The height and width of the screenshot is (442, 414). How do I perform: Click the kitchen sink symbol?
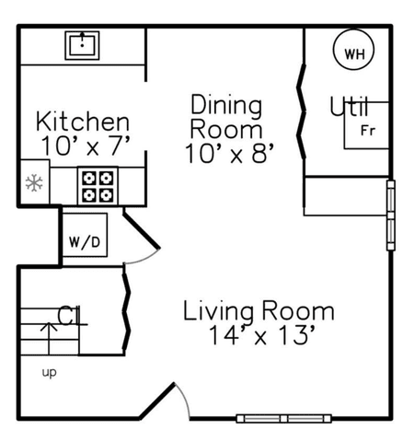(x=82, y=45)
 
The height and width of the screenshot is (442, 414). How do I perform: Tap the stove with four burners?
(x=98, y=186)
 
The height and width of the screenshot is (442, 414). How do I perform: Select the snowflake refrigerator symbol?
(x=34, y=183)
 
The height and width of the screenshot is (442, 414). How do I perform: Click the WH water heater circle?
(x=353, y=50)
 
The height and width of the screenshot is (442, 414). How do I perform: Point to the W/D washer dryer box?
(x=85, y=235)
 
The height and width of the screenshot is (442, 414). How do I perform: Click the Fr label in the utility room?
(x=368, y=131)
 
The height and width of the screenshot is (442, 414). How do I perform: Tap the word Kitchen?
(x=83, y=122)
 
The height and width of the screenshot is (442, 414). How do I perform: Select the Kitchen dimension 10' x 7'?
(x=86, y=145)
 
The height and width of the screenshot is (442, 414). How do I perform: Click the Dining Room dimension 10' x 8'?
(x=229, y=153)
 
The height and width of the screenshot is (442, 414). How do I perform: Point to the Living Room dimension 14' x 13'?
(x=261, y=335)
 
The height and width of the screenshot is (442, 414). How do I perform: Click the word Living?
(x=218, y=311)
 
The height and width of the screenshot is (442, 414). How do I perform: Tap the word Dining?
(x=226, y=106)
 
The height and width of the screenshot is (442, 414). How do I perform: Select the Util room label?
(x=349, y=106)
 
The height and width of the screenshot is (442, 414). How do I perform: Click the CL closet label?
(x=69, y=315)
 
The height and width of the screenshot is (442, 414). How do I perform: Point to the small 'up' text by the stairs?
(x=49, y=373)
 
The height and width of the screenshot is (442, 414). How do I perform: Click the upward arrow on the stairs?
(x=49, y=339)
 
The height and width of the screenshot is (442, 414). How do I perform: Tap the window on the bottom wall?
(x=284, y=418)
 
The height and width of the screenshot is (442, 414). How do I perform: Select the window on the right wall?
(x=391, y=215)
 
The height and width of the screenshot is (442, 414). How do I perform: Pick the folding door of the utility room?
(x=302, y=111)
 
